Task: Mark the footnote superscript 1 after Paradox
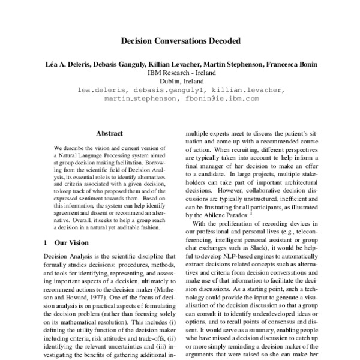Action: click(x=251, y=212)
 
